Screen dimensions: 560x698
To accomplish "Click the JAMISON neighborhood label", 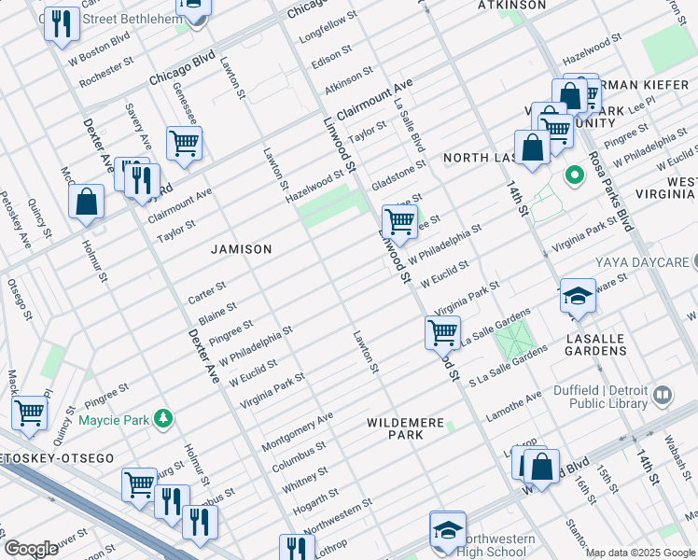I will (x=241, y=249).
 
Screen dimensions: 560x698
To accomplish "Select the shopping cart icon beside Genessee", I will (x=184, y=144).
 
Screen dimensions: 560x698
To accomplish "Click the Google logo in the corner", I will (x=31, y=549).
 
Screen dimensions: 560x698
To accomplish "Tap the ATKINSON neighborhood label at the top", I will (x=511, y=5).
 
